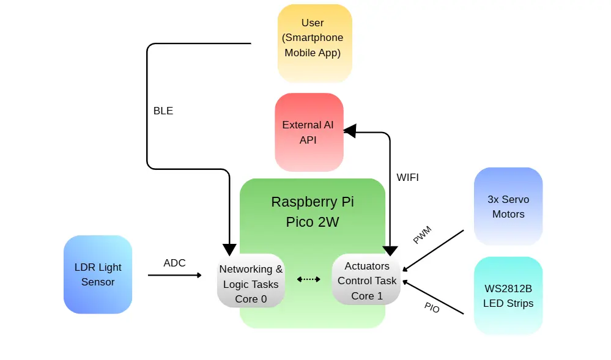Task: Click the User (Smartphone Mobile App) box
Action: click(314, 43)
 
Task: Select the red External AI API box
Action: click(308, 132)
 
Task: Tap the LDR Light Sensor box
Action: click(98, 274)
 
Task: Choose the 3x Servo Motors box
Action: click(508, 207)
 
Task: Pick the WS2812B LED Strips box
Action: click(508, 296)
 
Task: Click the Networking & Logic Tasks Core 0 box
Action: click(251, 281)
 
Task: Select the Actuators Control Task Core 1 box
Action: click(366, 281)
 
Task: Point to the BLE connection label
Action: click(163, 111)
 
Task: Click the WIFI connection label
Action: click(407, 178)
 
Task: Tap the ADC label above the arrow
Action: click(174, 263)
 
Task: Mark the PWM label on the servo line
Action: click(422, 235)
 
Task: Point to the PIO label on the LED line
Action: click(432, 308)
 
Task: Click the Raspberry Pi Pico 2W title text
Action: click(312, 211)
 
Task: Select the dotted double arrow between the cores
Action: click(309, 279)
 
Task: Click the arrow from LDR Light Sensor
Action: click(174, 275)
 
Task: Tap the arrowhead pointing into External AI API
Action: click(349, 130)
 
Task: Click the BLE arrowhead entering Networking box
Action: click(229, 249)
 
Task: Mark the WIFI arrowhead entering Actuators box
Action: click(390, 249)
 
